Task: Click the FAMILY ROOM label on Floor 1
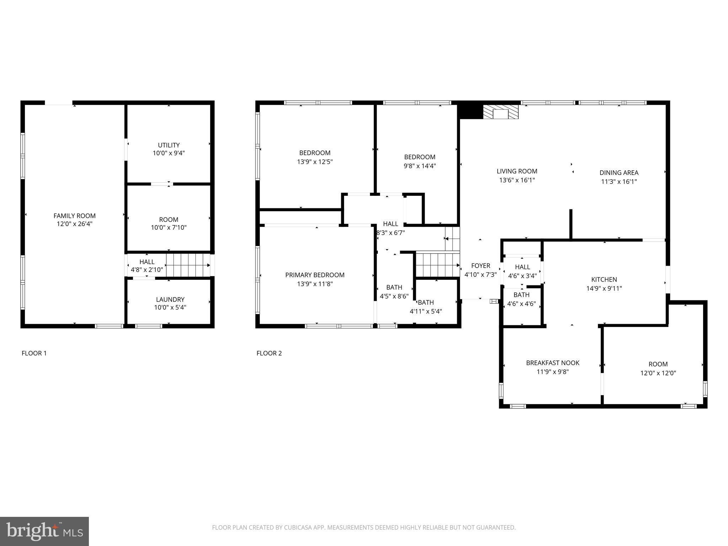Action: pos(74,215)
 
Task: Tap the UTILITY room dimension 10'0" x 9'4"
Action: pos(168,153)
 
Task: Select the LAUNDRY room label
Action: pos(170,299)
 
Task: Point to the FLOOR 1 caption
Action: pos(34,353)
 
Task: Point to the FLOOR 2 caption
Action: pos(269,353)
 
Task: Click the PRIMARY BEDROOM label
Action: pos(315,275)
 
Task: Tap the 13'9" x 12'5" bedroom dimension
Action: pos(315,162)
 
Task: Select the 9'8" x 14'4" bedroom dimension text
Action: pos(419,166)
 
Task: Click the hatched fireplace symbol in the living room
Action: pos(500,112)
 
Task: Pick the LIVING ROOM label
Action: pos(517,171)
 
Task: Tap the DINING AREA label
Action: pos(619,173)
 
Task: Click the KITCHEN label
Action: pos(604,279)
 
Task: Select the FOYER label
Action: pos(481,266)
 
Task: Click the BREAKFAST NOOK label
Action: pos(552,363)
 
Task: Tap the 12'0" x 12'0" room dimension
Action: pos(658,373)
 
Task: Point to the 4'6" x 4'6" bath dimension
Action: pos(521,304)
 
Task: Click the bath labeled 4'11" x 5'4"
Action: pos(426,307)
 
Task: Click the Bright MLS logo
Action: pos(44,531)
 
